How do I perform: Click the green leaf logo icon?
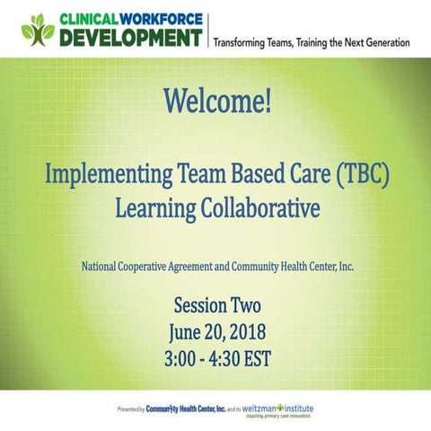pyautogui.click(x=39, y=30)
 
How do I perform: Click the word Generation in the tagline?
pyautogui.click(x=381, y=42)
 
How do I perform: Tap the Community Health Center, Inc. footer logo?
pyautogui.click(x=190, y=409)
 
